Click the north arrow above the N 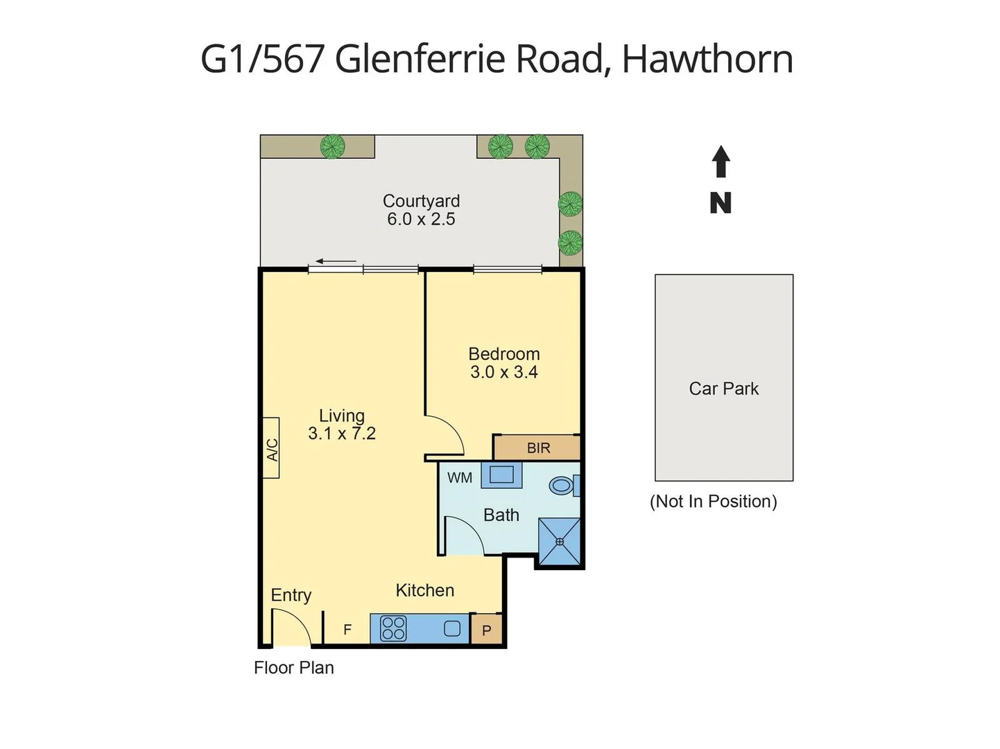(x=721, y=161)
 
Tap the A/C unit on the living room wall (x=271, y=448)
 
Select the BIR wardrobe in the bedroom (x=537, y=448)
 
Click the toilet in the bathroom (x=562, y=485)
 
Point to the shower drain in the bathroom (x=560, y=542)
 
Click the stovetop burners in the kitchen (x=393, y=628)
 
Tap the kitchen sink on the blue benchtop (x=452, y=629)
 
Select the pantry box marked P (x=487, y=630)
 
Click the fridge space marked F (x=347, y=629)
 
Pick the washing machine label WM (x=460, y=478)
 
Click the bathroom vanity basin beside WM (x=501, y=475)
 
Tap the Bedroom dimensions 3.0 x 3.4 (x=504, y=372)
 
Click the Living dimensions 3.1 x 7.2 (x=342, y=433)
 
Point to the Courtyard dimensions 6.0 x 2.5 (x=421, y=219)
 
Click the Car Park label (x=723, y=388)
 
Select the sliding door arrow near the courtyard (x=336, y=261)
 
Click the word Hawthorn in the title (x=707, y=59)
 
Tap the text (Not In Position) (x=713, y=501)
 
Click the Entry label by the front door (x=291, y=595)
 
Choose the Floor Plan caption (x=294, y=668)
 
